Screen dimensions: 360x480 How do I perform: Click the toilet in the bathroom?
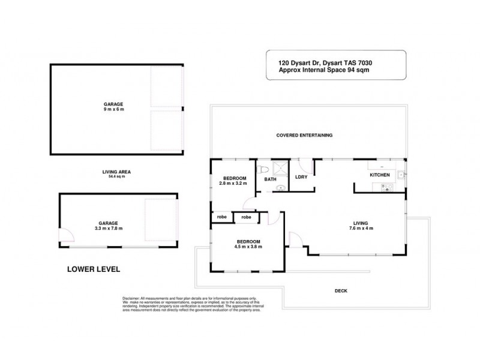point(261,169)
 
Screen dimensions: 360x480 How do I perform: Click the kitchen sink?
point(399,175)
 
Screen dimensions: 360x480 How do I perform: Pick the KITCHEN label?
point(379,175)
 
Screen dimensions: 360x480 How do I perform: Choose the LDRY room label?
point(301,176)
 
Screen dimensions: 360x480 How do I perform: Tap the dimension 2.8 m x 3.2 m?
point(235,183)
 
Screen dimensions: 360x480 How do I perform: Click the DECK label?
point(341,291)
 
